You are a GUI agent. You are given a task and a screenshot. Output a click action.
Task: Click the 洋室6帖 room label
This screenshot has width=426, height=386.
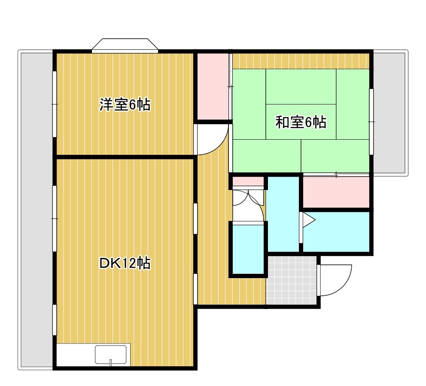coord(125,105)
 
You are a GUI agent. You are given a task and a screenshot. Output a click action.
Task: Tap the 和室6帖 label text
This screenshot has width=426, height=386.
coord(301,123)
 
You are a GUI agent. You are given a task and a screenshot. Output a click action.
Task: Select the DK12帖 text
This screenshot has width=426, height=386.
coord(125,263)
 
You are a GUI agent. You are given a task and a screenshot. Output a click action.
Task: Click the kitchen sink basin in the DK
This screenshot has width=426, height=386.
coord(112,355)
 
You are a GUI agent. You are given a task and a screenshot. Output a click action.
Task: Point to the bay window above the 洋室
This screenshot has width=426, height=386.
coord(125,45)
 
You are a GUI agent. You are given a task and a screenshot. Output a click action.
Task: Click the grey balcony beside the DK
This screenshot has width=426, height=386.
coord(36,211)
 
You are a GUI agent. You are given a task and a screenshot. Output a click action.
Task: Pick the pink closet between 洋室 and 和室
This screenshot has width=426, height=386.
coord(212,86)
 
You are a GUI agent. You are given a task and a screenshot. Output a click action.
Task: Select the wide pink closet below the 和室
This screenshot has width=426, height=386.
coord(336,192)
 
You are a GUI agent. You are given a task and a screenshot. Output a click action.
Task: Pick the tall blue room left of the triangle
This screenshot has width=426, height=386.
coord(283,213)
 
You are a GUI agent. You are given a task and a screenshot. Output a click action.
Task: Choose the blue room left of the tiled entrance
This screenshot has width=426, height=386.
coord(248,248)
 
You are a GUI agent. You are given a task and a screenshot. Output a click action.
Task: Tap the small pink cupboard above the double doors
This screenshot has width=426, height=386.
coord(248,182)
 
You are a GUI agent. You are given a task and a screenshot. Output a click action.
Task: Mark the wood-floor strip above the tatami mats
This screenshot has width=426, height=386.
coord(301,61)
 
